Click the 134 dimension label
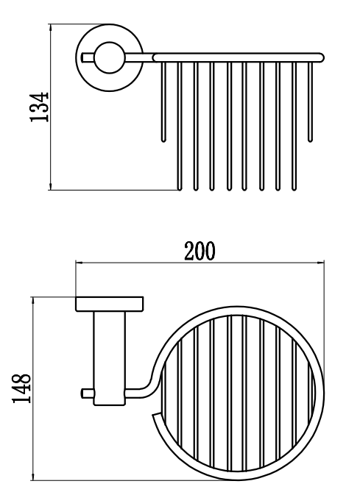(x=39, y=107)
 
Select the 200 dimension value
(x=200, y=251)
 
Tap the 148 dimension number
(x=22, y=388)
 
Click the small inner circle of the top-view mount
(x=110, y=57)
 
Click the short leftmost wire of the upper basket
(x=163, y=102)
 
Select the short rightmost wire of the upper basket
(x=311, y=102)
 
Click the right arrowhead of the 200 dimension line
(x=321, y=262)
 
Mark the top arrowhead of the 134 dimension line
(x=50, y=27)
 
